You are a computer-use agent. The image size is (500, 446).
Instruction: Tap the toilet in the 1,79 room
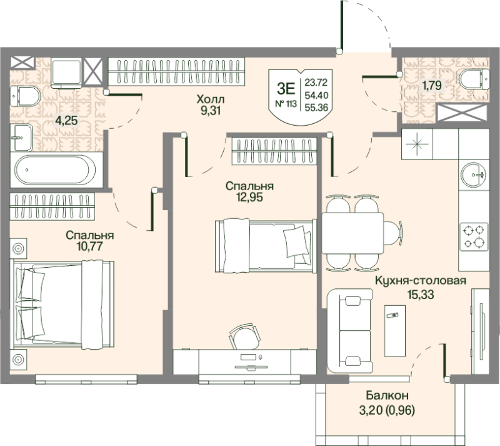pyautogui.click(x=474, y=79)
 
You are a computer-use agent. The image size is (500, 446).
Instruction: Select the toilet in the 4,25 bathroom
pyautogui.click(x=25, y=96)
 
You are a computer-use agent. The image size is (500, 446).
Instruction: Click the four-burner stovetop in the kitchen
pyautogui.click(x=474, y=236)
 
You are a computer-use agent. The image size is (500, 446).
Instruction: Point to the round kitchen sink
pyautogui.click(x=474, y=175)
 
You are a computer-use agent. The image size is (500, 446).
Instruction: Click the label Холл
pyautogui.click(x=211, y=99)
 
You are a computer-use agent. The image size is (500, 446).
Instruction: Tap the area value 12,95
pyautogui.click(x=249, y=197)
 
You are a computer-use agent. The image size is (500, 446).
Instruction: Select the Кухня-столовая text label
pyautogui.click(x=420, y=281)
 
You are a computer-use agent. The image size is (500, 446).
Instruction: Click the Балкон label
pyautogui.click(x=387, y=395)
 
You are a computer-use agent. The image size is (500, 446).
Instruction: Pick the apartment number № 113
pyautogui.click(x=286, y=104)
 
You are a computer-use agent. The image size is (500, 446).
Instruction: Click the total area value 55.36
pyautogui.click(x=316, y=108)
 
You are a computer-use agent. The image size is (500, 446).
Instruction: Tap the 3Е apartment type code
pyautogui.click(x=286, y=88)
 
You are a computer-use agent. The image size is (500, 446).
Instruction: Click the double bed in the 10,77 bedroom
pyautogui.click(x=62, y=305)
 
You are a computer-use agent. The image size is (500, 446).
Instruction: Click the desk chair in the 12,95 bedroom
pyautogui.click(x=244, y=337)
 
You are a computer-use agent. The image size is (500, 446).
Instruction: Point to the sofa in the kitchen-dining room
pyautogui.click(x=350, y=330)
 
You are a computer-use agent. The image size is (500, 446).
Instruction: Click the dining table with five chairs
pyautogui.click(x=352, y=233)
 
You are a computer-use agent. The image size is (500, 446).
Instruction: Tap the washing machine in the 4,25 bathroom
pyautogui.click(x=66, y=73)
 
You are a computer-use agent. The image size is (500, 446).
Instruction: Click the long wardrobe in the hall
pyautogui.click(x=176, y=71)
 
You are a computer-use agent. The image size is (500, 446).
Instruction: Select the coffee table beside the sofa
pyautogui.click(x=395, y=330)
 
